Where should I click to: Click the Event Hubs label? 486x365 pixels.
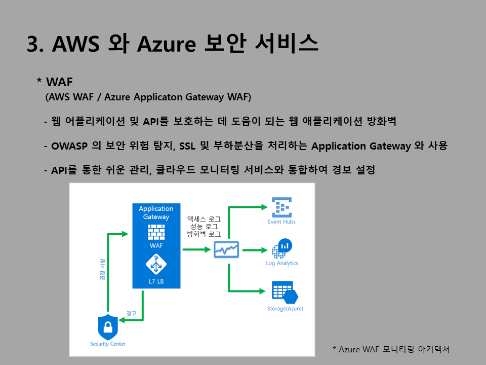click(282, 222)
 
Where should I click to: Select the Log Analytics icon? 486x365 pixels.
click(282, 249)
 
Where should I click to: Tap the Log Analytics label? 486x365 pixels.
click(282, 263)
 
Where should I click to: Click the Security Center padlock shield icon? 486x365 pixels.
click(107, 327)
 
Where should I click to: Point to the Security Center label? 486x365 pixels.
click(108, 344)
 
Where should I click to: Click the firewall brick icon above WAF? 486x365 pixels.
click(156, 233)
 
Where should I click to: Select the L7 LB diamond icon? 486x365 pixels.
click(156, 264)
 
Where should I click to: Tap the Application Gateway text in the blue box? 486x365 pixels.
click(156, 212)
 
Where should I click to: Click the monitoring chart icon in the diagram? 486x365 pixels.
click(226, 249)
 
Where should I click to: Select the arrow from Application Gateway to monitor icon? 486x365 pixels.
click(196, 249)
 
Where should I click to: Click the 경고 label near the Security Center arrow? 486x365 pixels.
click(131, 313)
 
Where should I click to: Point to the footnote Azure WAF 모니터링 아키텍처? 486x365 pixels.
click(391, 349)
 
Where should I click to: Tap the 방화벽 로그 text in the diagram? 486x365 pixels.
click(204, 235)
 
